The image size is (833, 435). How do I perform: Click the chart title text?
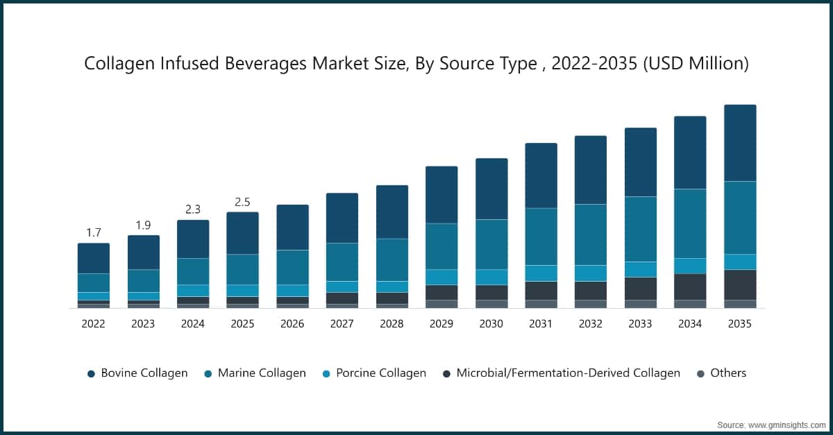coord(416,64)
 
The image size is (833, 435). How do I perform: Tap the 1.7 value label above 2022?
coord(94,232)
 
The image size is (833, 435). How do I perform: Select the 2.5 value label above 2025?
coord(242,202)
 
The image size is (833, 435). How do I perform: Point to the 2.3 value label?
coord(193,210)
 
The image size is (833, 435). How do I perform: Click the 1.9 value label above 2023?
coord(143,225)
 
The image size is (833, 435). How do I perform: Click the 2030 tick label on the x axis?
coord(491,323)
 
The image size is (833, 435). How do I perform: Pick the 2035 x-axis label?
coord(740,323)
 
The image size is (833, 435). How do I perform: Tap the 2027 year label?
coord(342,323)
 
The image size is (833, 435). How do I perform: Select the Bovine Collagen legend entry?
coord(137,373)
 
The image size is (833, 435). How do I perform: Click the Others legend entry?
coord(721,373)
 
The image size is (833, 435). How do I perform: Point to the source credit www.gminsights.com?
coord(771,424)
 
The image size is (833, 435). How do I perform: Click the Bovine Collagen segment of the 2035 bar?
coord(740,143)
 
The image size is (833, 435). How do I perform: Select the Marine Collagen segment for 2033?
coord(641,229)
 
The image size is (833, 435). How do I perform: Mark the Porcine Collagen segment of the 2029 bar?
coord(441,277)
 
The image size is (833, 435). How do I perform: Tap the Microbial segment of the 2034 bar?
coord(690,287)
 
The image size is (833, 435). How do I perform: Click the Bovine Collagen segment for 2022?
coord(94,258)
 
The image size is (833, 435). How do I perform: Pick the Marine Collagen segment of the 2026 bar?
coord(292,267)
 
